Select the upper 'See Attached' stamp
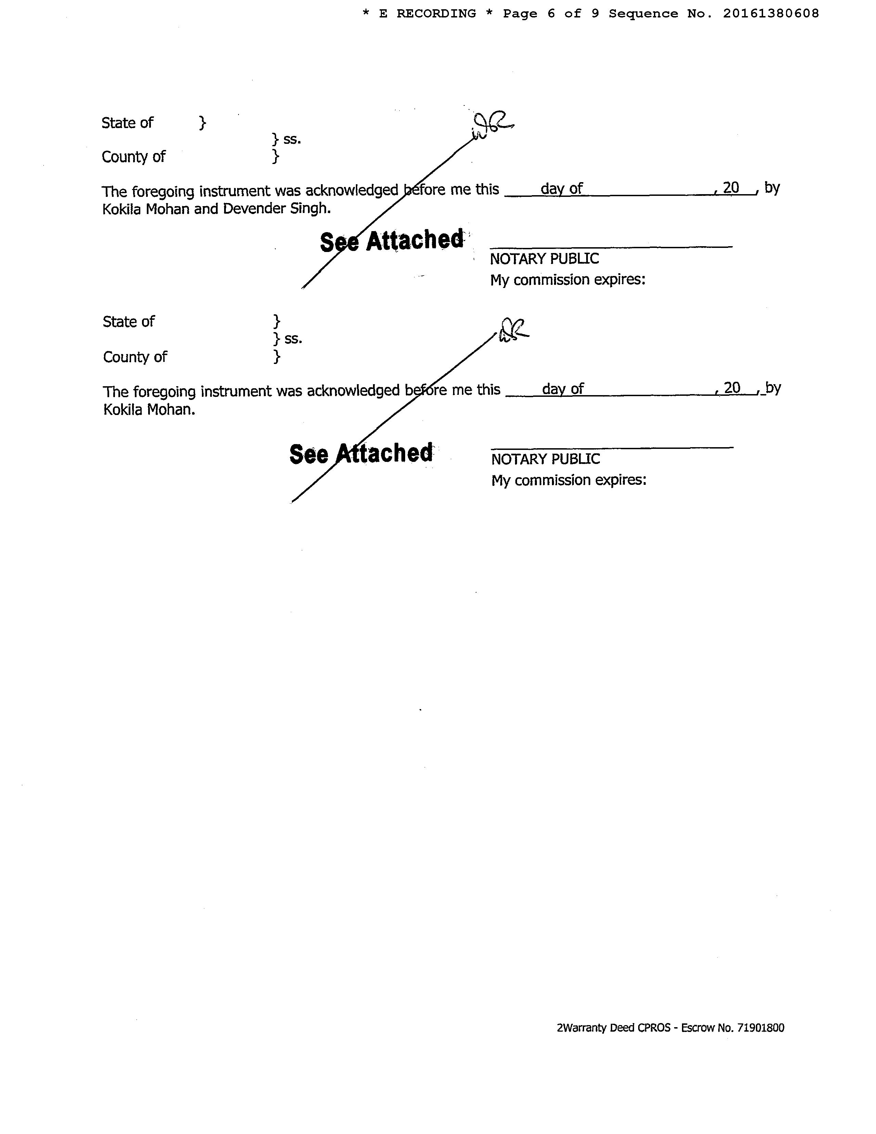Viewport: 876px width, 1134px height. coord(392,240)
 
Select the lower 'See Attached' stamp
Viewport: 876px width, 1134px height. coord(361,453)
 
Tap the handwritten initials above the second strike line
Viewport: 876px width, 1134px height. coord(513,330)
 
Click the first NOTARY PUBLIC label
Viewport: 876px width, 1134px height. coord(544,259)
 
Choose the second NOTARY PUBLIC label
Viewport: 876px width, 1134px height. coord(545,459)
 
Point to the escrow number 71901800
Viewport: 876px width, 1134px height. coord(759,1028)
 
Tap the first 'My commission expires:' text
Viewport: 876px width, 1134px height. coord(568,280)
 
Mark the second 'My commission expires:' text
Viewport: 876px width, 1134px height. coord(569,480)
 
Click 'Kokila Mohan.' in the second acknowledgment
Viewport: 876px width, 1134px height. coord(150,410)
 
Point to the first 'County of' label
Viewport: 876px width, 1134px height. coord(133,157)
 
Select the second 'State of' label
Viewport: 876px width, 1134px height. coord(129,322)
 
